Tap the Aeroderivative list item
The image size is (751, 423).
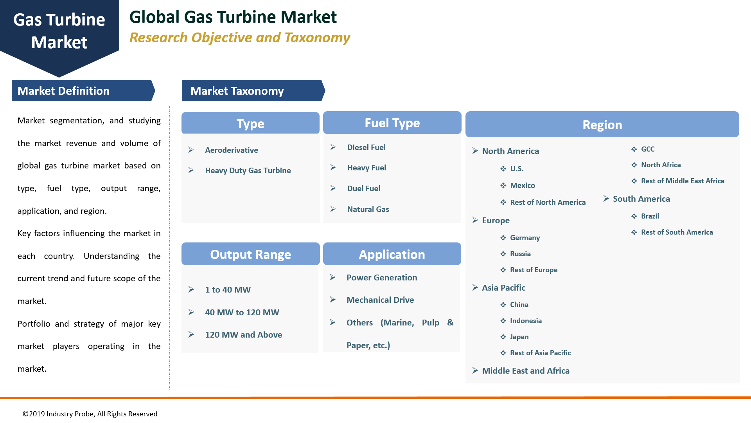231,150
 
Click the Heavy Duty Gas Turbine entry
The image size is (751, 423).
248,170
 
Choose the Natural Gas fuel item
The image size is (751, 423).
368,209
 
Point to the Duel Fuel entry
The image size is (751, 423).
363,188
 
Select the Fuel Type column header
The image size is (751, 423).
392,123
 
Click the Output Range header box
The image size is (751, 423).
250,254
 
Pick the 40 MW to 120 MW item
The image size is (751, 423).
242,312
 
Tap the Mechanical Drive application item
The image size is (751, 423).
380,300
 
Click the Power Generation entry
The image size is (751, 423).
381,277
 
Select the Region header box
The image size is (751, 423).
602,125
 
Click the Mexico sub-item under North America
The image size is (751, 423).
522,185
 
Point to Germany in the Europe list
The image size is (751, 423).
525,238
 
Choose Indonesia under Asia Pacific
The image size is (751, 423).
526,321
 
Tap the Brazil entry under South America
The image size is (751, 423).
650,216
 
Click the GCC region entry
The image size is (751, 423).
647,149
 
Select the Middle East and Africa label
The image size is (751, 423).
525,371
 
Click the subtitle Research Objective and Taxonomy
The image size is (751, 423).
239,38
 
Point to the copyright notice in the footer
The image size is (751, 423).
90,414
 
